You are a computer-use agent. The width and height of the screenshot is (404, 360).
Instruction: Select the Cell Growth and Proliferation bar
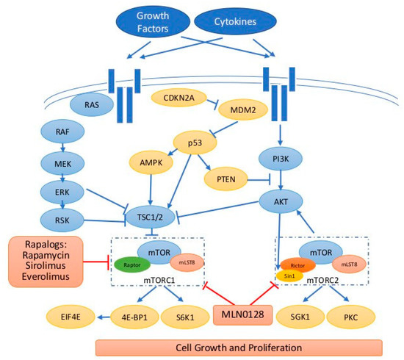(x=239, y=347)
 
